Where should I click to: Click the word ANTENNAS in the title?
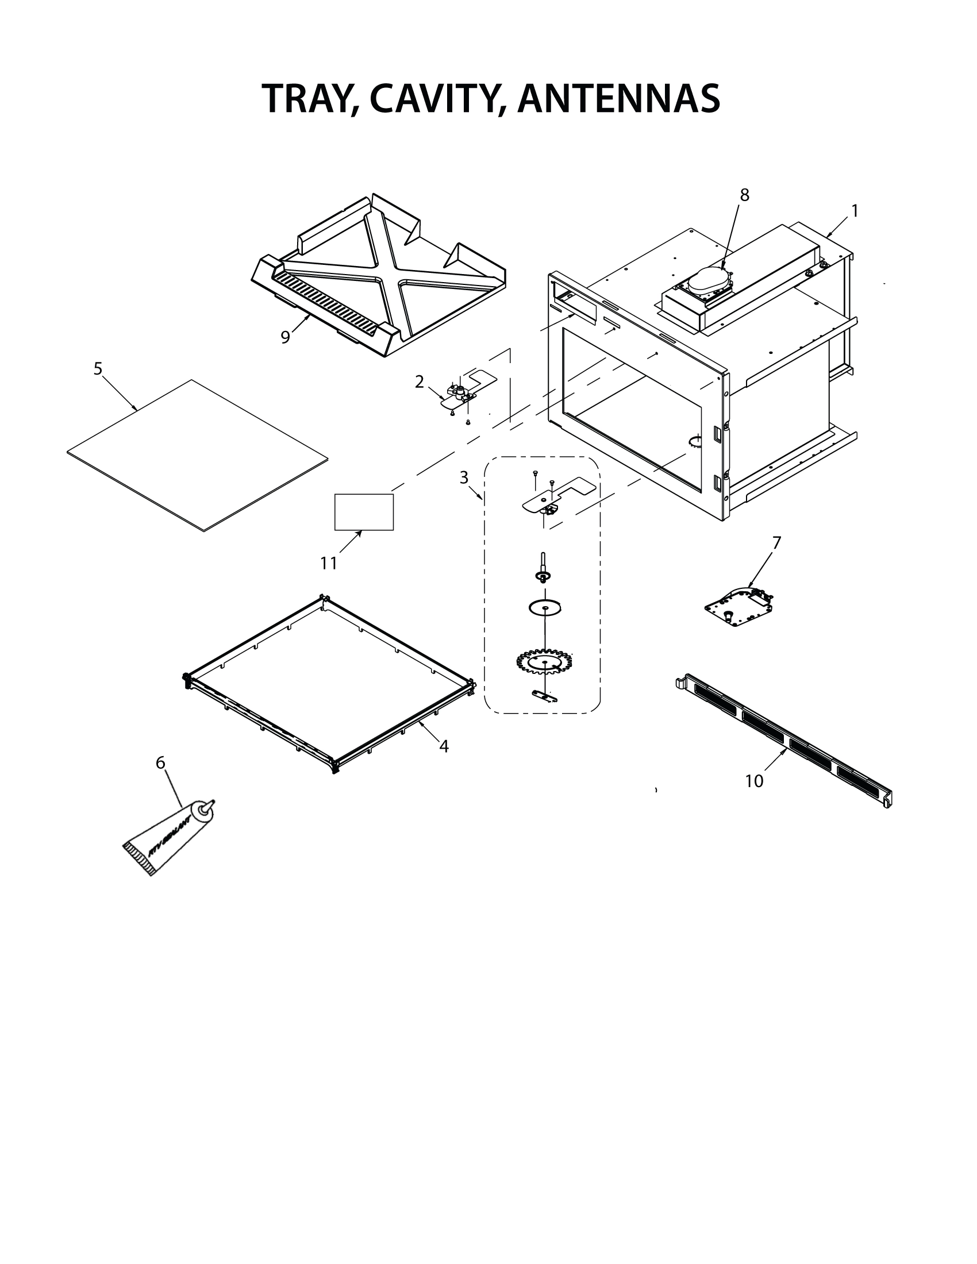(619, 98)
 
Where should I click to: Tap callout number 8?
(744, 195)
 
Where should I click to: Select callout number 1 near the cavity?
(854, 211)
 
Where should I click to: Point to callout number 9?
(284, 337)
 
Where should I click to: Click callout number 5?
(98, 369)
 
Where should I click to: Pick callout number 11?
(329, 563)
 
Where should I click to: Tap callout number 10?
(753, 781)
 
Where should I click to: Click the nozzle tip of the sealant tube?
(211, 803)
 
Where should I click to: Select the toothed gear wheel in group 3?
(544, 661)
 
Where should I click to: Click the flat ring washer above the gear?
(546, 608)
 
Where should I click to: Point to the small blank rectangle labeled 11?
(364, 511)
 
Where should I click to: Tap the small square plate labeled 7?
(738, 608)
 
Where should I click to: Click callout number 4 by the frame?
(443, 746)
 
